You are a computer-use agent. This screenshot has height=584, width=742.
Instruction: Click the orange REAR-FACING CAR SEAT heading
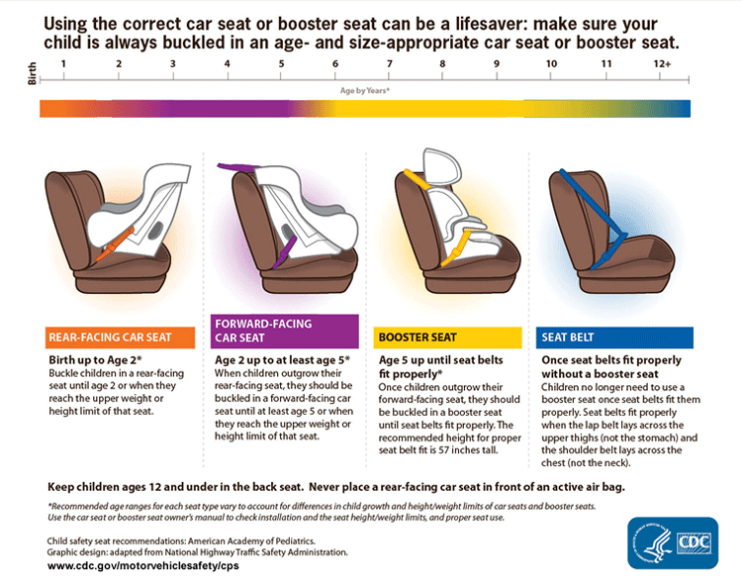[x=109, y=337]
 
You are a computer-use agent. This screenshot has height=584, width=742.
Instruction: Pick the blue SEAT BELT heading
[x=567, y=337]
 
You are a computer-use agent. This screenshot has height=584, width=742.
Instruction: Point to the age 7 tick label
[x=388, y=64]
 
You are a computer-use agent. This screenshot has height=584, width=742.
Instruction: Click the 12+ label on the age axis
[x=662, y=64]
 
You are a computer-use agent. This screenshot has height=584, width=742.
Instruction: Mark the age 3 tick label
[x=173, y=64]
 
